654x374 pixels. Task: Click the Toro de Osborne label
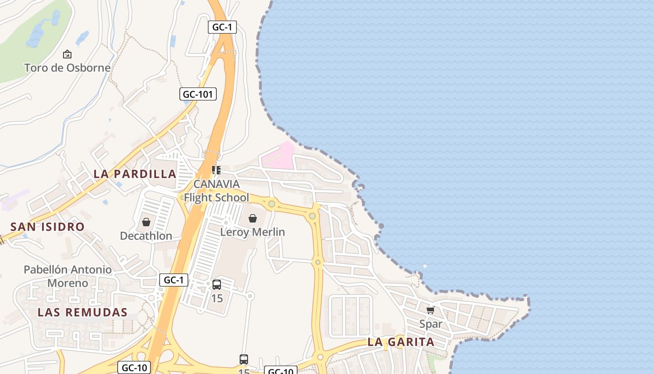pyautogui.click(x=67, y=68)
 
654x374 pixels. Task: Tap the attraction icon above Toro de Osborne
pyautogui.click(x=67, y=54)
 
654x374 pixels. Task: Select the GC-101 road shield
pyautogui.click(x=198, y=94)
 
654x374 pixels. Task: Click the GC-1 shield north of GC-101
pyautogui.click(x=222, y=27)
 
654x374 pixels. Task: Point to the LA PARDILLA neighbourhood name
pyautogui.click(x=135, y=174)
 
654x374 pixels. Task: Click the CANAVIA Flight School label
pyautogui.click(x=216, y=191)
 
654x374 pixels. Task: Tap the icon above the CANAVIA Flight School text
pyautogui.click(x=216, y=170)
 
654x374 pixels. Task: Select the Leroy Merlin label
pyautogui.click(x=252, y=232)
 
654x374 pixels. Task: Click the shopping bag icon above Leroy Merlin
pyautogui.click(x=253, y=218)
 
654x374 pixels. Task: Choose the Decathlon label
pyautogui.click(x=146, y=236)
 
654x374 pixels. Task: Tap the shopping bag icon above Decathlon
pyautogui.click(x=146, y=222)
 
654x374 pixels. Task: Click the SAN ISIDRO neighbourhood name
pyautogui.click(x=48, y=227)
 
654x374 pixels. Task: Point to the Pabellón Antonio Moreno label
pyautogui.click(x=68, y=276)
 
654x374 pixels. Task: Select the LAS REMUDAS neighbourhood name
pyautogui.click(x=83, y=312)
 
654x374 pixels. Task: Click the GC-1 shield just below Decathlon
pyautogui.click(x=174, y=280)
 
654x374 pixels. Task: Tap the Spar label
pyautogui.click(x=431, y=324)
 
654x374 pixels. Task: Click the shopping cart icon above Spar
pyautogui.click(x=431, y=310)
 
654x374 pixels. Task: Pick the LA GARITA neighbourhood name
pyautogui.click(x=401, y=342)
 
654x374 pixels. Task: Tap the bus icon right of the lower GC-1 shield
pyautogui.click(x=217, y=285)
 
